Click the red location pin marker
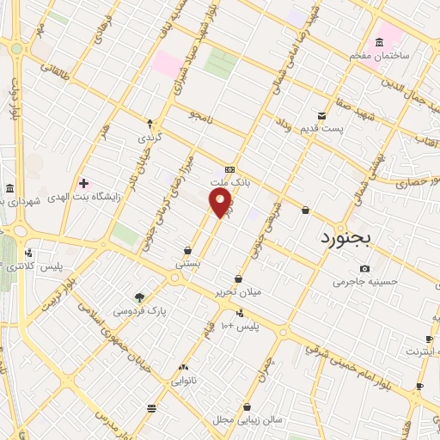(x=221, y=204)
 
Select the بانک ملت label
(x=229, y=183)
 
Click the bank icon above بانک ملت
(x=229, y=170)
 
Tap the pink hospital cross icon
(x=83, y=182)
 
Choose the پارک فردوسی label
(x=141, y=310)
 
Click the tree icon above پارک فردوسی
(x=141, y=296)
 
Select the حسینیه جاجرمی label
(x=364, y=282)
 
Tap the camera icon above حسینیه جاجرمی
(x=364, y=269)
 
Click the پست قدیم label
(x=321, y=128)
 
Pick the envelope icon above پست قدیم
(x=321, y=115)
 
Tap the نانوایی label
(x=185, y=379)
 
